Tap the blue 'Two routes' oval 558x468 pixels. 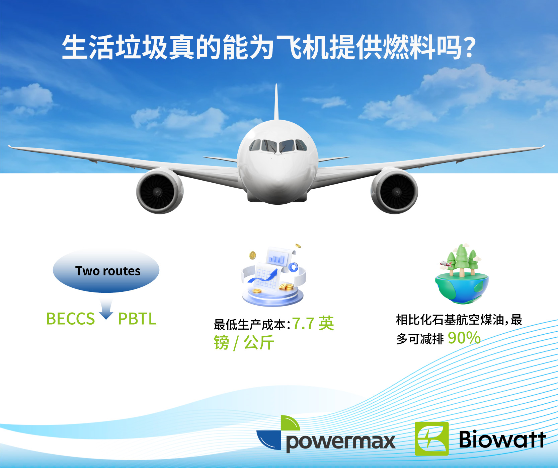(106, 271)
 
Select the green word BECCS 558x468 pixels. (70, 319)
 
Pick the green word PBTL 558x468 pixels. (137, 319)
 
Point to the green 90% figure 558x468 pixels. (464, 338)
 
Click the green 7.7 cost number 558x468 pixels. (303, 324)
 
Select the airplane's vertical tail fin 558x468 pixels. (276, 102)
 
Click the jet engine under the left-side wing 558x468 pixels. (159, 191)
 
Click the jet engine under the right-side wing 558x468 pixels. (395, 191)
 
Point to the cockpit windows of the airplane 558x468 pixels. (277, 146)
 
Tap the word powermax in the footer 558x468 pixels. (341, 442)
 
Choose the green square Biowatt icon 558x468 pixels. (431, 439)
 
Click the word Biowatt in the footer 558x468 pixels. (502, 439)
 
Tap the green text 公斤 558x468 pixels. (259, 343)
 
